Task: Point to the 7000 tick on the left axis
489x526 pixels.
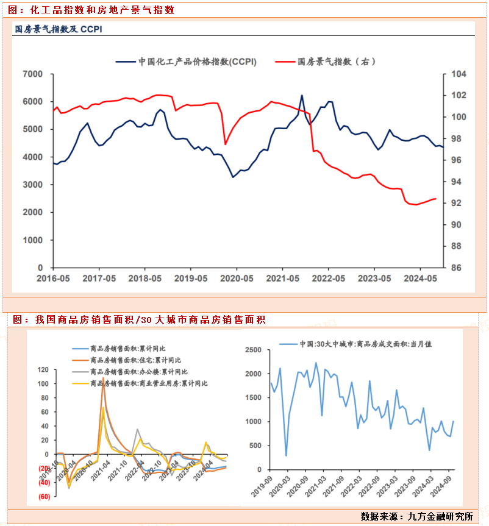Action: tap(32, 74)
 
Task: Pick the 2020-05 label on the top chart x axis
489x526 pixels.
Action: tap(236, 278)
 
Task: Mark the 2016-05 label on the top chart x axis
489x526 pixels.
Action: tap(53, 278)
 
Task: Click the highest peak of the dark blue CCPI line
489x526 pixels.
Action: tap(301, 96)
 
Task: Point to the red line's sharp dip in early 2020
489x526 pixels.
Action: tap(226, 144)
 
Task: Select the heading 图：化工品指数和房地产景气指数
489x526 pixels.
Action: tap(91, 10)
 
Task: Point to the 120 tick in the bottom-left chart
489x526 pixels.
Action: tap(42, 370)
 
